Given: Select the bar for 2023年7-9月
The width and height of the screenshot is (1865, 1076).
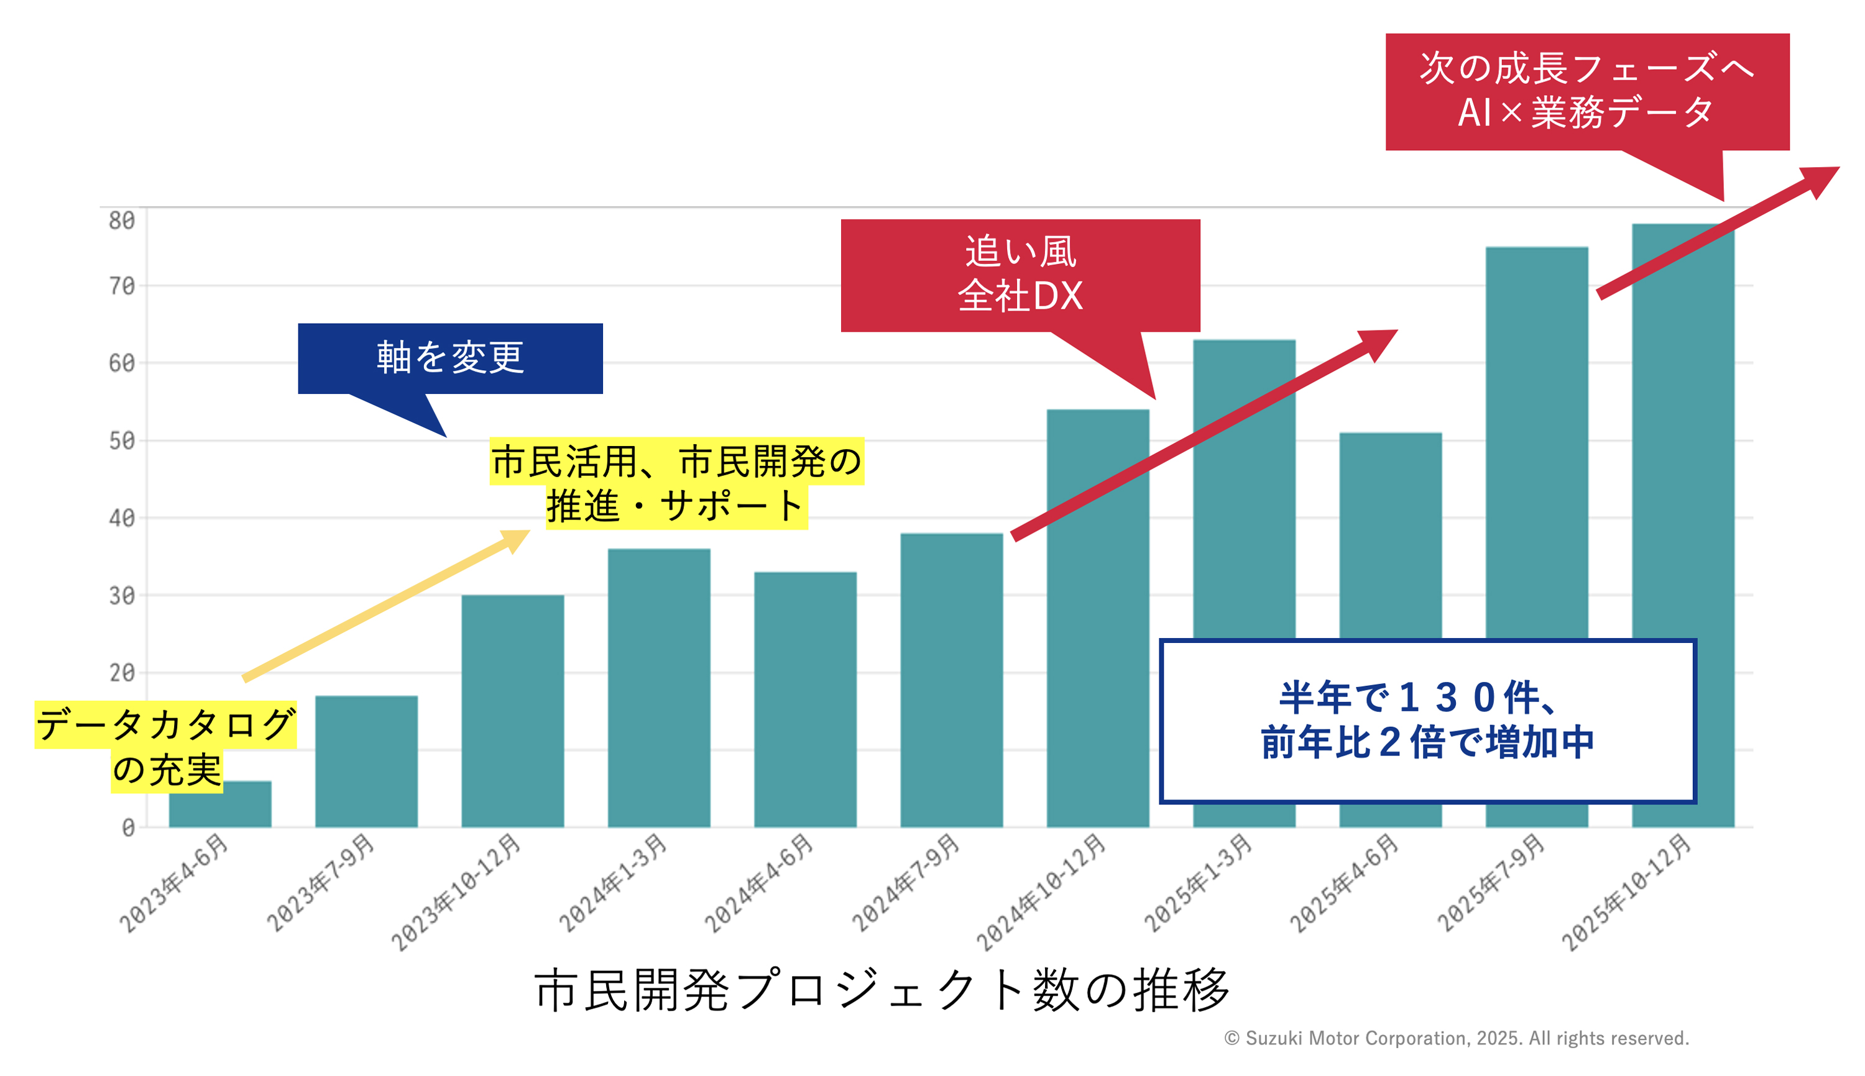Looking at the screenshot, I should [366, 761].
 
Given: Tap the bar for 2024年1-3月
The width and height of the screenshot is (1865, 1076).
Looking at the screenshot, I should [659, 687].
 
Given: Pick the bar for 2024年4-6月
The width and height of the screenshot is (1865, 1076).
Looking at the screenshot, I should [805, 699].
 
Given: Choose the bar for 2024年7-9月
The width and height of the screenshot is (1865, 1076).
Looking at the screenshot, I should [952, 680].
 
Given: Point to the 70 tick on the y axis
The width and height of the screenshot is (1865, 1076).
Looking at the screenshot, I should [122, 286].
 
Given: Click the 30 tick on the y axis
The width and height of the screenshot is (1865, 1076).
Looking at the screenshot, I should [122, 596].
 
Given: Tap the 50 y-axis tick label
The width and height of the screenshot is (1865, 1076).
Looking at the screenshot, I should [122, 441].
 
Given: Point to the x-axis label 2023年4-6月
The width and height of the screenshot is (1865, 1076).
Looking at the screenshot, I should [175, 883].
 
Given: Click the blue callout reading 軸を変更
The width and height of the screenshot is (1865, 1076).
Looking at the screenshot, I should [449, 358].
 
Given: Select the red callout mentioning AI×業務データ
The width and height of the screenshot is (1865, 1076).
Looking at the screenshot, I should [1586, 91].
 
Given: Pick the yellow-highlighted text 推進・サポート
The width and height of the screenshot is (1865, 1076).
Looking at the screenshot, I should [676, 507].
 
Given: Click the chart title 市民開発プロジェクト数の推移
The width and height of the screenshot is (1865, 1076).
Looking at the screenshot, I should [882, 990].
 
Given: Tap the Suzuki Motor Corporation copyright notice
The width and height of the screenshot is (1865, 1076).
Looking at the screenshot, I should [1456, 1038].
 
